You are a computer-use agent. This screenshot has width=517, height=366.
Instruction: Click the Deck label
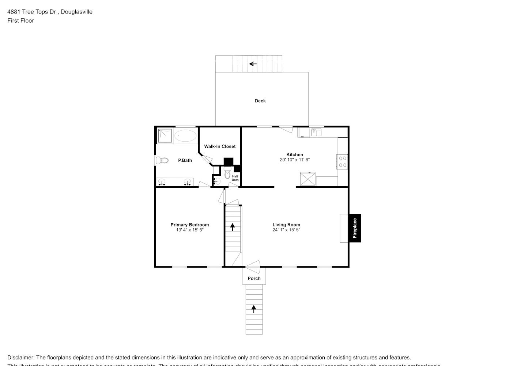(x=260, y=101)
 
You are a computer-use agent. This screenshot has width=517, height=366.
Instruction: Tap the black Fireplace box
(x=355, y=228)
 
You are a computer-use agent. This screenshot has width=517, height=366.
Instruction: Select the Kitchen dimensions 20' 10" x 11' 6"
(x=295, y=160)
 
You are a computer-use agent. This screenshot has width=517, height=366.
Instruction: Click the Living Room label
(x=286, y=225)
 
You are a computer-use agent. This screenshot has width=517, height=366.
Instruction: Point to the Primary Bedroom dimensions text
(x=189, y=230)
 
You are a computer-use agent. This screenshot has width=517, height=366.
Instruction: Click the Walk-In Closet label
(x=220, y=146)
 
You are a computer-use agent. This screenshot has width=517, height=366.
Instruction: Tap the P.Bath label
(x=185, y=160)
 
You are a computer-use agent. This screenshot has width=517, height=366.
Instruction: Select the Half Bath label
(x=235, y=178)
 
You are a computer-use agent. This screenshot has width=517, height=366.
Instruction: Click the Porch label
(x=254, y=278)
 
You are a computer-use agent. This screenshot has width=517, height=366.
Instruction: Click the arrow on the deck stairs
(x=253, y=64)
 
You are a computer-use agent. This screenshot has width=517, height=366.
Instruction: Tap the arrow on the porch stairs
(x=254, y=309)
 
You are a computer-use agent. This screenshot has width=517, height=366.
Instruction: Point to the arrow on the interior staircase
(x=233, y=227)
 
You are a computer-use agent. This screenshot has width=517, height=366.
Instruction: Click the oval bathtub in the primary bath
(x=185, y=136)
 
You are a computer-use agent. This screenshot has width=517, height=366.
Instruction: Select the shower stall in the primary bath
(x=165, y=135)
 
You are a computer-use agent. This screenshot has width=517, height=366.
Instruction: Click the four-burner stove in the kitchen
(x=343, y=162)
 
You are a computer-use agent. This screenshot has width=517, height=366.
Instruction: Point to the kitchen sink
(x=316, y=132)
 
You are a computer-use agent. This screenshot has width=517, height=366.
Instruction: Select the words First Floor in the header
(x=20, y=20)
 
